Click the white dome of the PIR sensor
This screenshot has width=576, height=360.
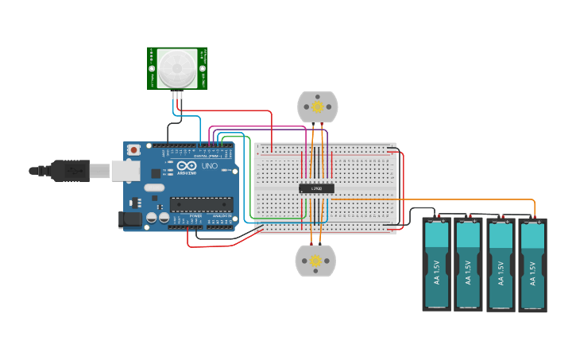point(176,68)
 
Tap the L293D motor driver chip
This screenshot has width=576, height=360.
point(316,188)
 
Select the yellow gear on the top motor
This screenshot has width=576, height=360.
point(318,106)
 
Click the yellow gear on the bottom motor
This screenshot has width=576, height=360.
point(315,261)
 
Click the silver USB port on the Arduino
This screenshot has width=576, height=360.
point(124,170)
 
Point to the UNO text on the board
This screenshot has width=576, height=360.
point(208,166)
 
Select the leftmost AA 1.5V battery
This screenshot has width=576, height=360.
point(436,264)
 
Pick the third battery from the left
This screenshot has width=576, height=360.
point(501,265)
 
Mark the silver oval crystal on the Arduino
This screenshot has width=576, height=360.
point(154,188)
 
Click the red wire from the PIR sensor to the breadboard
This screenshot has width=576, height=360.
point(238,111)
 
